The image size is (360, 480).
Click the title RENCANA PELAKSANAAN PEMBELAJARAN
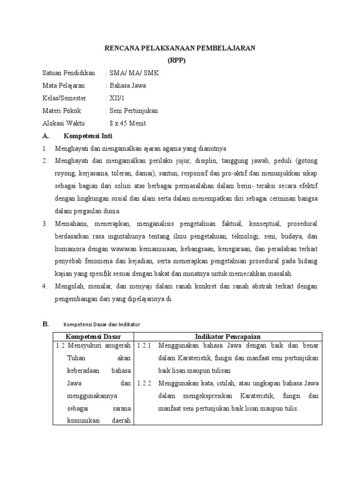point(180,48)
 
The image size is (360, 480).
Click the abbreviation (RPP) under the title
point(180,60)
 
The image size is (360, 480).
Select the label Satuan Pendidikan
point(68,73)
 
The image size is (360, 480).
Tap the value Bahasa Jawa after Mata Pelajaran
point(127,86)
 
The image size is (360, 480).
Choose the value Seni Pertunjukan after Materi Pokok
point(134,111)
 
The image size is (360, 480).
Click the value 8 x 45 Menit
point(128,124)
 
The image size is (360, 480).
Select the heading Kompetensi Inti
point(88,136)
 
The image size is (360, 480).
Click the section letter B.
point(45,324)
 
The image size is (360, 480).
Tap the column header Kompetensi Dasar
point(93,337)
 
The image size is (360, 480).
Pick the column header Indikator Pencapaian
point(227,337)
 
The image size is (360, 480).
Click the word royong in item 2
point(65,174)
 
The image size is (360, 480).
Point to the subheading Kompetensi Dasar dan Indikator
point(101,324)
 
